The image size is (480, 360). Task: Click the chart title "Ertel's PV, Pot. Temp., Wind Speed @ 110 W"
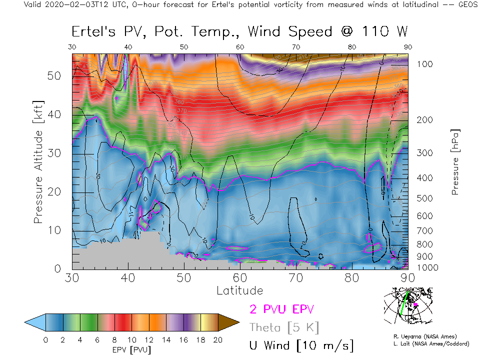coord(239,31)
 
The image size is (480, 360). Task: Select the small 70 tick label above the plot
coord(296,46)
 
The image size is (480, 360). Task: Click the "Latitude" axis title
coord(239,290)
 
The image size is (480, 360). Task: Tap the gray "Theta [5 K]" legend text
coord(284,327)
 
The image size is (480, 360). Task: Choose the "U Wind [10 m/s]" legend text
coord(301,345)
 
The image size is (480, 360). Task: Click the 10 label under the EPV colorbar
coord(131,340)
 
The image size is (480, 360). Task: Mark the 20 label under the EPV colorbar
coord(217,340)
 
